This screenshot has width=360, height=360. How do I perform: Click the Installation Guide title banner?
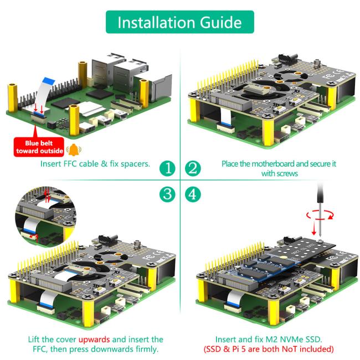[x=179, y=22]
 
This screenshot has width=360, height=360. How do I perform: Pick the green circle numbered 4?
[x=192, y=194]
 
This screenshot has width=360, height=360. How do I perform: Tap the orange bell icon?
[x=73, y=149]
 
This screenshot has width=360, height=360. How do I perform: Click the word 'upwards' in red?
[x=94, y=339]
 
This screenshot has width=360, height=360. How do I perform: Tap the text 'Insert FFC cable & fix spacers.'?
[x=95, y=164]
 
